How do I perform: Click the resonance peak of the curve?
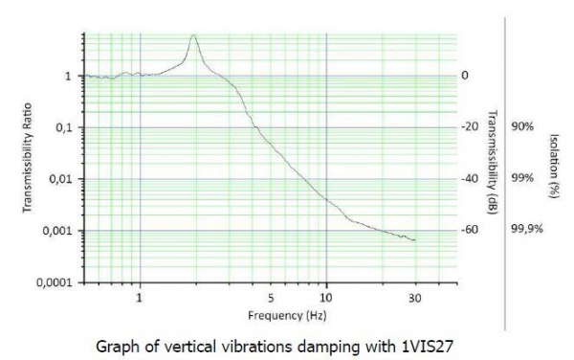(x=194, y=35)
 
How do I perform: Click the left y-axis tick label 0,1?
(x=65, y=127)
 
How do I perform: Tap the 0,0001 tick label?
(x=56, y=283)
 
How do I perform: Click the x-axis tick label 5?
(x=271, y=298)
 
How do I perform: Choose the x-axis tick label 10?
(x=326, y=298)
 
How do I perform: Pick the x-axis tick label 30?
(x=415, y=298)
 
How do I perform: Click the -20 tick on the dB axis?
(x=470, y=127)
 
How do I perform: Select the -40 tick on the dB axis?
(x=470, y=179)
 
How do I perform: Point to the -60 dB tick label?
(x=470, y=231)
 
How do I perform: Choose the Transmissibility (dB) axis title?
(x=491, y=159)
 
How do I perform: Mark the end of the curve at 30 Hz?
(x=415, y=239)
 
